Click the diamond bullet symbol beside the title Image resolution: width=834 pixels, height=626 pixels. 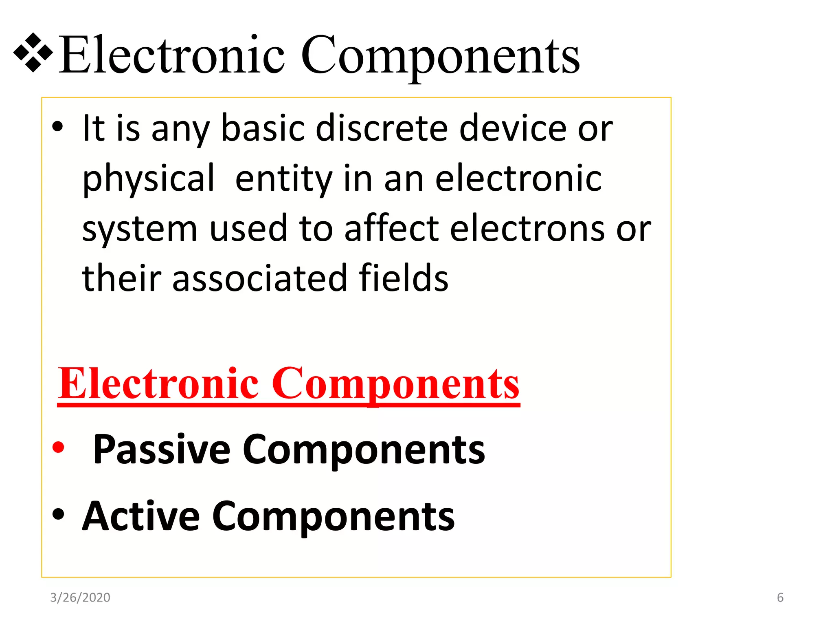[x=33, y=53]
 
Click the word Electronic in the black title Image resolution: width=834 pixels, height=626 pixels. [x=171, y=55]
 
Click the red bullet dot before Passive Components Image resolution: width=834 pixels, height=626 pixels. [x=58, y=447]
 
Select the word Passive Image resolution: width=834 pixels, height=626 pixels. [x=162, y=450]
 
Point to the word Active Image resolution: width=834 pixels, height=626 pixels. [x=141, y=516]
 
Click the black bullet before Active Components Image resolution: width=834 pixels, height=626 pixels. [x=58, y=514]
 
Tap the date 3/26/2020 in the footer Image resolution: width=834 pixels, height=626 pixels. [x=80, y=597]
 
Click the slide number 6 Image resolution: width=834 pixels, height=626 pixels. [x=780, y=597]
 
